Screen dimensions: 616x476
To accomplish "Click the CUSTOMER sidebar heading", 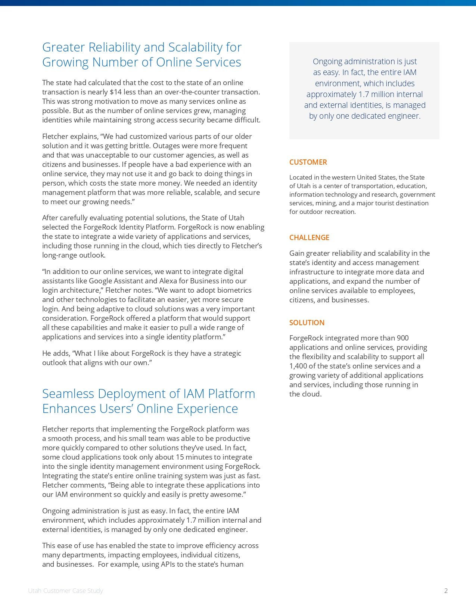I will click(308, 162).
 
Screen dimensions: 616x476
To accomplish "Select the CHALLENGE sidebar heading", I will click(309, 237).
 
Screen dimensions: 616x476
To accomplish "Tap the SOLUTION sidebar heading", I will click(307, 323).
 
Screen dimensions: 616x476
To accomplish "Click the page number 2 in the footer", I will click(446, 591).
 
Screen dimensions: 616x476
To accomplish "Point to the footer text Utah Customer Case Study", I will click(65, 591).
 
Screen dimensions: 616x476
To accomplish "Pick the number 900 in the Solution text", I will click(402, 338).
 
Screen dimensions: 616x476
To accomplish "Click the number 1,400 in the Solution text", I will click(298, 366).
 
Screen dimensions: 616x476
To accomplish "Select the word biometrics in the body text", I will click(234, 290).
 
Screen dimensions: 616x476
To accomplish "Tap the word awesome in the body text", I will click(228, 494).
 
